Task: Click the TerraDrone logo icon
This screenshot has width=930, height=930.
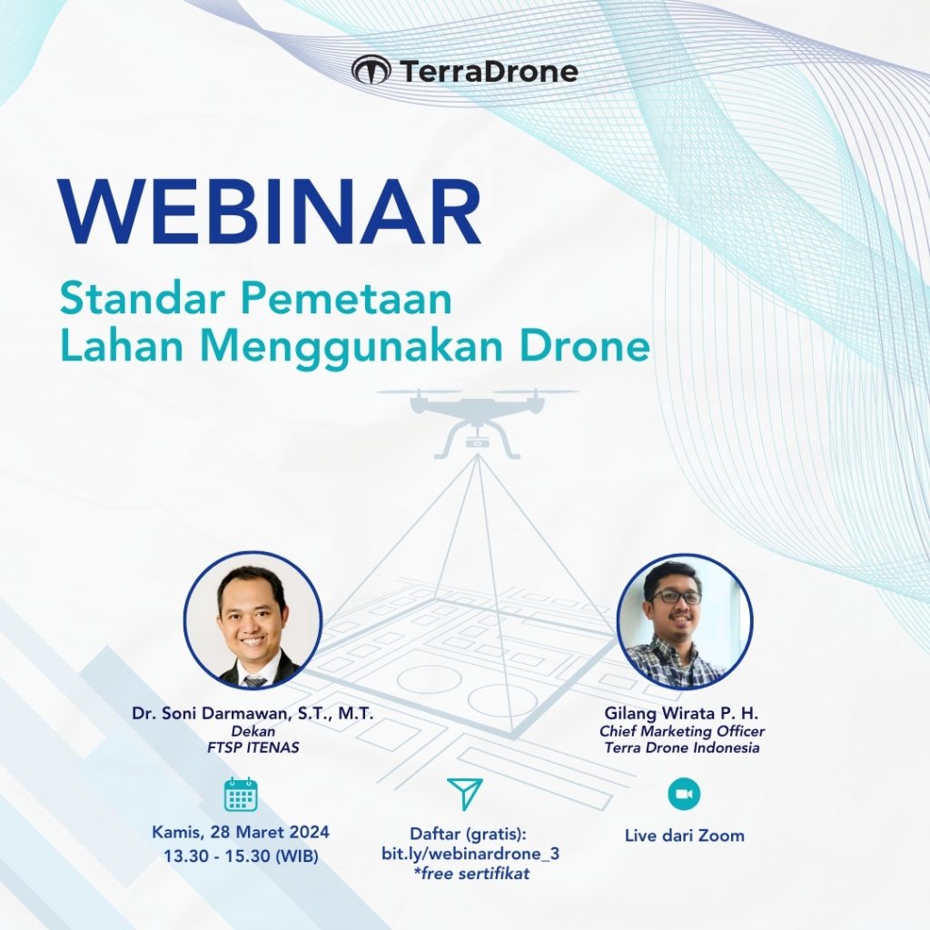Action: [x=371, y=70]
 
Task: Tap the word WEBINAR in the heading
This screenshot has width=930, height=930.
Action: [x=270, y=214]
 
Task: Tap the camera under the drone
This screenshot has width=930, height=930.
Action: [x=476, y=442]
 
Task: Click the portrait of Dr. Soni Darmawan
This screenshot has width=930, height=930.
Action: [x=252, y=620]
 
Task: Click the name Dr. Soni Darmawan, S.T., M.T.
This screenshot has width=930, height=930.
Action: [x=252, y=714]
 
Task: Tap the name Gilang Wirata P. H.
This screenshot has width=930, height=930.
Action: [x=680, y=714]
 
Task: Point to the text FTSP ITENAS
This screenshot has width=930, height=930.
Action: [x=252, y=748]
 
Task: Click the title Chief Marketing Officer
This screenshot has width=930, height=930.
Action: [x=682, y=731]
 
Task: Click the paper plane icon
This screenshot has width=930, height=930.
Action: [x=465, y=794]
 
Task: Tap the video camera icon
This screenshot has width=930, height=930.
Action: [x=684, y=794]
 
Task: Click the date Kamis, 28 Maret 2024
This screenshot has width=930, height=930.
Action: [x=241, y=832]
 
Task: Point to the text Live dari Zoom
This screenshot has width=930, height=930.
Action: [x=684, y=835]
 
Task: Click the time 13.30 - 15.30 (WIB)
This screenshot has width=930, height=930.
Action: [x=241, y=855]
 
